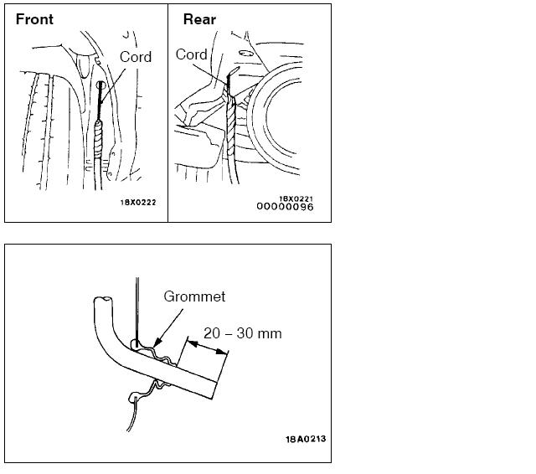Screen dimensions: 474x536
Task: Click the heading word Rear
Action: click(199, 19)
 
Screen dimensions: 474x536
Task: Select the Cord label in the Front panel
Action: click(135, 57)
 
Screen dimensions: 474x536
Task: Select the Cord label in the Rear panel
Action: click(192, 55)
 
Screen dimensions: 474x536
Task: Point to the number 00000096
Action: click(285, 207)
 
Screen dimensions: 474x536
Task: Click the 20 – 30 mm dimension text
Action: click(243, 333)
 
